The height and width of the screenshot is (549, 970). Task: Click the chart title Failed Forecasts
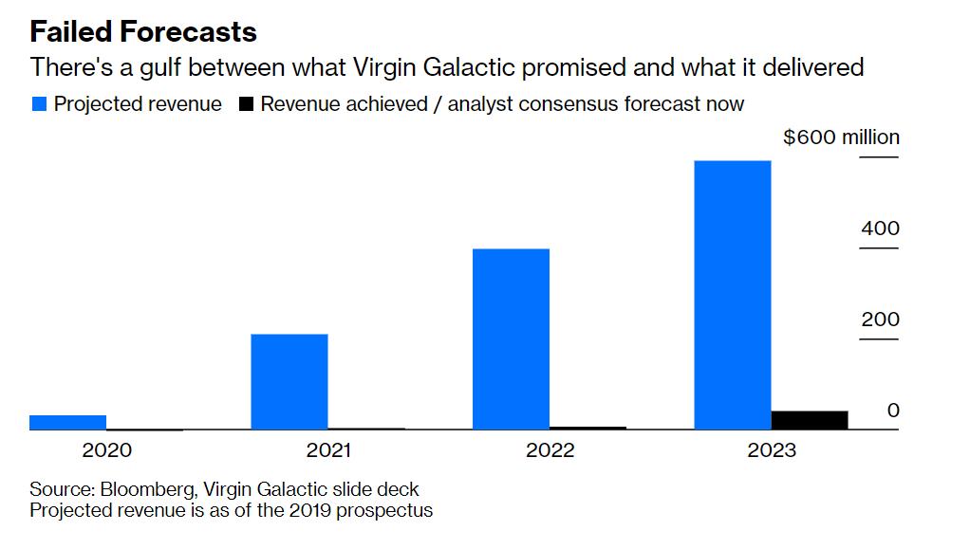click(143, 31)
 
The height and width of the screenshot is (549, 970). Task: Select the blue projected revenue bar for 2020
click(67, 422)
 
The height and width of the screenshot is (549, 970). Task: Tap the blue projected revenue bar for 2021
click(289, 381)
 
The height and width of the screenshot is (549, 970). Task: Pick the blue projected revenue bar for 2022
click(511, 339)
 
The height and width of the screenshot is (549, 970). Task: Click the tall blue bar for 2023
click(733, 295)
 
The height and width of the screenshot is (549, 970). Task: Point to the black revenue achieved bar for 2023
click(810, 420)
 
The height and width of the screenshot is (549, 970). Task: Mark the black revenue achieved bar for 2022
click(588, 428)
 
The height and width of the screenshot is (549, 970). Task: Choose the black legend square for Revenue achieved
click(246, 104)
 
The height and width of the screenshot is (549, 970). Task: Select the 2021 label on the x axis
click(327, 450)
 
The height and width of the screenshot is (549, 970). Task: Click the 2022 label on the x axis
click(550, 450)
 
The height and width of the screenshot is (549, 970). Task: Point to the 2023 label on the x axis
click(772, 450)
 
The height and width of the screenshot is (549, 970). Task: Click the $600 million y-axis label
click(841, 137)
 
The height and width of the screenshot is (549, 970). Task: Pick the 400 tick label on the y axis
click(880, 229)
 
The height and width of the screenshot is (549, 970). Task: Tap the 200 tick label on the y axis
click(880, 320)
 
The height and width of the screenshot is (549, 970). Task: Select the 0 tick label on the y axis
click(893, 411)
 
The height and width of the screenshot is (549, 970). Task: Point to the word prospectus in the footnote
click(386, 510)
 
